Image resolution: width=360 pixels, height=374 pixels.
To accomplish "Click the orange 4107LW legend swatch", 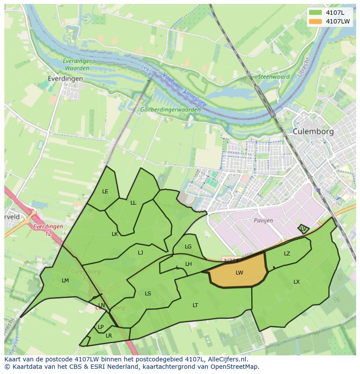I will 316,21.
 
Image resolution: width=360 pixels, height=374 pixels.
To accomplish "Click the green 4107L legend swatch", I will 316,13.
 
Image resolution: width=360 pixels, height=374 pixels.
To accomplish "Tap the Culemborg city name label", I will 313,131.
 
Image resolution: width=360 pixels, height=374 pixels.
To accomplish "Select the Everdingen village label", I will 66,79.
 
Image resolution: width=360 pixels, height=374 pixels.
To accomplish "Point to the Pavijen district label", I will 263,220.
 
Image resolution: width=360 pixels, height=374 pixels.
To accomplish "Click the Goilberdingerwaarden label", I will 170,110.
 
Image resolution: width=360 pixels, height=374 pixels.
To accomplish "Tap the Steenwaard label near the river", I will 274,77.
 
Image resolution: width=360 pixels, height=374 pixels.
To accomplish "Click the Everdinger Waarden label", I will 77,65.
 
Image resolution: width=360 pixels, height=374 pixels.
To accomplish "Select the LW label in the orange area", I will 239,273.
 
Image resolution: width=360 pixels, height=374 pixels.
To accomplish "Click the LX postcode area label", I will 297,282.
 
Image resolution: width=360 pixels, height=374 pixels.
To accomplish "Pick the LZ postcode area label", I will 287,254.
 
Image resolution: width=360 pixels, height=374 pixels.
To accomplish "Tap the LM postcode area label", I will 65,281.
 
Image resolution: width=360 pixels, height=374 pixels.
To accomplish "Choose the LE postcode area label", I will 105,192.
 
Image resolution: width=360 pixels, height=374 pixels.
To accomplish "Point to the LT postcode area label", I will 195,305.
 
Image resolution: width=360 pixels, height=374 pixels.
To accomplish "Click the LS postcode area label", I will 148,294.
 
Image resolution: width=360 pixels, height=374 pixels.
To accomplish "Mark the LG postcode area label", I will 188,247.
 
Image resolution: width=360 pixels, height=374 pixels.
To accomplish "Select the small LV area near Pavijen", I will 303,228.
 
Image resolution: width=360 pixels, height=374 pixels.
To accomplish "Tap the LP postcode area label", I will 100,327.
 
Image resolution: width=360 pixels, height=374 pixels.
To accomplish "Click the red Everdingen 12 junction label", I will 48,230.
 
